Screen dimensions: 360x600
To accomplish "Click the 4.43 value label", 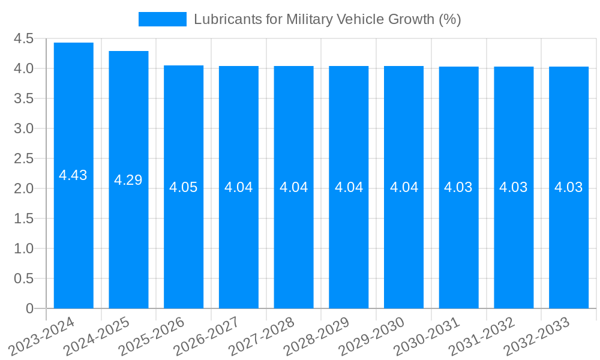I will point(73,175).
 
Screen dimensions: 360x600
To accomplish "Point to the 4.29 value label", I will point(128,180).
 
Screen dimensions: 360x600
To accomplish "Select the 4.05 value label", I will point(184,187).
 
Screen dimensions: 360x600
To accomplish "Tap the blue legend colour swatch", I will point(162,19).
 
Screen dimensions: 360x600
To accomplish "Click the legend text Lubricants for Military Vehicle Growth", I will point(327,19).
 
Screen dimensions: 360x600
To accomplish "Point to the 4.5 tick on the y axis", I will point(24,38).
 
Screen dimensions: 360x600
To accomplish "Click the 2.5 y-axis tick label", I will point(24,158).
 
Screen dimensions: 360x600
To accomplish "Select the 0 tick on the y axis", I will point(30,308).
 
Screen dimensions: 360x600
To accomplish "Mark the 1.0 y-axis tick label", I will point(24,248).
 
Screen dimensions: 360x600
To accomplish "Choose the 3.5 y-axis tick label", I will point(24,98).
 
